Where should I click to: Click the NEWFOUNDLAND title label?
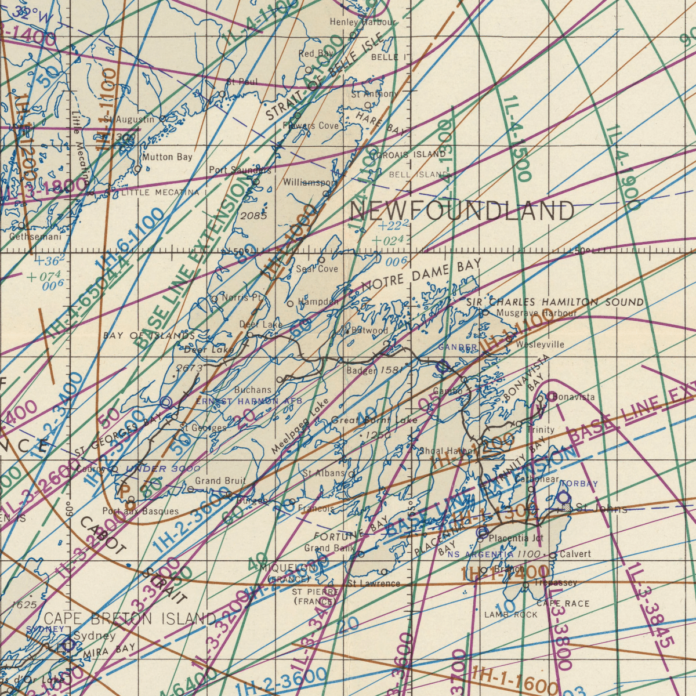coord(462,211)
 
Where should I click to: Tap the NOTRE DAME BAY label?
coord(421,275)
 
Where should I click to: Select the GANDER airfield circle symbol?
coord(443,366)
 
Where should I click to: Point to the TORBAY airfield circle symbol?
coord(564,498)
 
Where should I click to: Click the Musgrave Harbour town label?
coord(536,313)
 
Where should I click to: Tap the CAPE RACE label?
coord(563,604)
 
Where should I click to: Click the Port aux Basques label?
coord(140,512)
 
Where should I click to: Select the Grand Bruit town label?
coord(220,481)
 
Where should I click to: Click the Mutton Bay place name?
coord(167,157)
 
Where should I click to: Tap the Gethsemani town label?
coord(35,237)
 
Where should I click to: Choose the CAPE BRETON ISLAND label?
coord(129,619)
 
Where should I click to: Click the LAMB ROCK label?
coord(511,615)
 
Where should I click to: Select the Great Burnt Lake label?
coord(374,420)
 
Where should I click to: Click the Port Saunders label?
coord(240,171)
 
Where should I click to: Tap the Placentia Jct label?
coord(516,539)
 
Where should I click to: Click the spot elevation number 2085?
coord(253,216)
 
